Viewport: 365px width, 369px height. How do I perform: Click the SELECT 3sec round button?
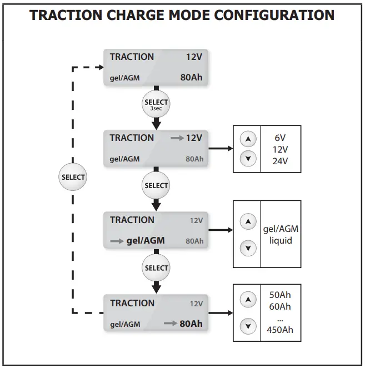click(156, 104)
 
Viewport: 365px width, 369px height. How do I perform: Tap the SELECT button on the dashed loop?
click(73, 177)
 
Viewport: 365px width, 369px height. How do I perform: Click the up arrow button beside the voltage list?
click(248, 138)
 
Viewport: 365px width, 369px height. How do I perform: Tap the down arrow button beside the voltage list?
click(248, 159)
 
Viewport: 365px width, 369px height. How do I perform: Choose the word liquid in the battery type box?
click(281, 241)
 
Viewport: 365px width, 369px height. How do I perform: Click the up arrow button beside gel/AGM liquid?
click(248, 221)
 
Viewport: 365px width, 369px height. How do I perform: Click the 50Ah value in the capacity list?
click(281, 295)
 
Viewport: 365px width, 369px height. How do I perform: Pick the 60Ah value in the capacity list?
click(281, 307)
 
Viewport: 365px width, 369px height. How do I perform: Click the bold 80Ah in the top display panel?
click(192, 77)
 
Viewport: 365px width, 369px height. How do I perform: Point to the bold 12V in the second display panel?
click(194, 138)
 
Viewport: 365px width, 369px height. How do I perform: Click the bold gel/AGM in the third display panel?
click(146, 241)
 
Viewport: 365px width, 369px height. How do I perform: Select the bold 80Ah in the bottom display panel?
click(191, 323)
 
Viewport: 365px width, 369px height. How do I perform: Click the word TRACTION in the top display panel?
click(132, 57)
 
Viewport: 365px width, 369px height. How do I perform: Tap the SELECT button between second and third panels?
click(156, 185)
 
